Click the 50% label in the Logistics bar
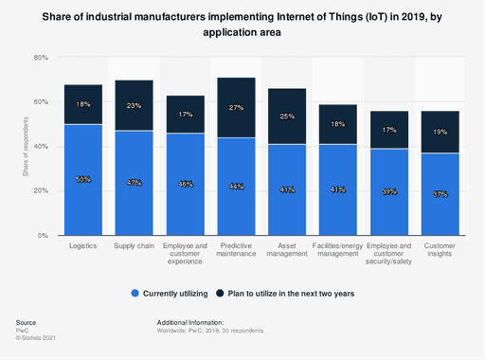[83, 179]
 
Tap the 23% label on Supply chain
[135, 106]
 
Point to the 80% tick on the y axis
[41, 58]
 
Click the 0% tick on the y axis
[43, 235]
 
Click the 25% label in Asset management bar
[287, 117]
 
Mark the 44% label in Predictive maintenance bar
[236, 186]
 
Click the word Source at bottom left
[26, 323]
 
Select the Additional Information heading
[198, 323]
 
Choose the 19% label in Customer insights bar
[440, 133]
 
